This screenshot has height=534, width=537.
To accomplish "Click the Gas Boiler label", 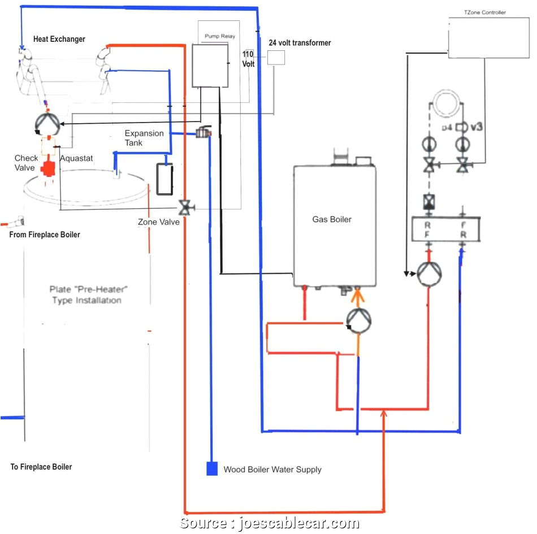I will (332, 219).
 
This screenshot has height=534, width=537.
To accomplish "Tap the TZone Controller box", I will (485, 37).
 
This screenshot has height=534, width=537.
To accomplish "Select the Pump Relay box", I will (210, 66).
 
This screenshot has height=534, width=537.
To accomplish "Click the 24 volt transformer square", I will (276, 57).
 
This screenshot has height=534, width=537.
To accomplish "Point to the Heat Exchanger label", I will (59, 39).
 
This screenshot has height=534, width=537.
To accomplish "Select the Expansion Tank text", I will (144, 138).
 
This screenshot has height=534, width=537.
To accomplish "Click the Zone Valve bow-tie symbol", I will (184, 208).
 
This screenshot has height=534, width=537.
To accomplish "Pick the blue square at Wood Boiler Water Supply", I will (212, 469).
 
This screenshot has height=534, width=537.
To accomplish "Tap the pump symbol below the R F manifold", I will (429, 274).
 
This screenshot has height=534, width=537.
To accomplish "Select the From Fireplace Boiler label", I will (45, 235).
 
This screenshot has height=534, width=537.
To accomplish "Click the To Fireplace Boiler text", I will (41, 467).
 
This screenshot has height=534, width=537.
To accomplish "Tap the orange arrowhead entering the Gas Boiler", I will (357, 293).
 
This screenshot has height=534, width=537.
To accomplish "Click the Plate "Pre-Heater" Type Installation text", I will (86, 294).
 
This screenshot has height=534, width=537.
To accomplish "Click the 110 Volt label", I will (249, 59).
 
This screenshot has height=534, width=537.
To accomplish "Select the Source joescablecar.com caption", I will (269, 523).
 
